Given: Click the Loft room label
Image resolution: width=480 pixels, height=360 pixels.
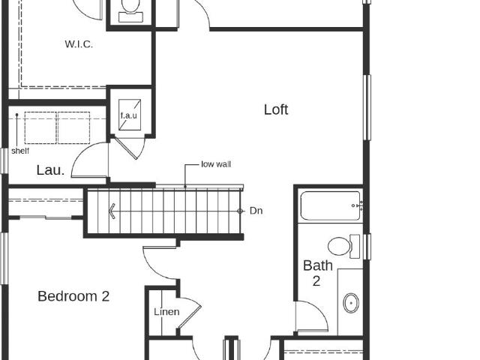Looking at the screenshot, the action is (276, 109).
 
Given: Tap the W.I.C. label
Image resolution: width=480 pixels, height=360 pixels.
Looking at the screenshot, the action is (79, 44).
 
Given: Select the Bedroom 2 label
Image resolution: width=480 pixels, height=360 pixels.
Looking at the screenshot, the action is (73, 296).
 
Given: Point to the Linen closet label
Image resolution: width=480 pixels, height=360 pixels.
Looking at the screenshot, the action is (166, 312).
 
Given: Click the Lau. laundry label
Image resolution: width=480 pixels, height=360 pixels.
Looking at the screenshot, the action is (50, 170).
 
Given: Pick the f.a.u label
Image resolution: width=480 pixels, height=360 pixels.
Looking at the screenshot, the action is (128, 115).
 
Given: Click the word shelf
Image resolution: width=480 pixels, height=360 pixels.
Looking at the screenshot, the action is (20, 151).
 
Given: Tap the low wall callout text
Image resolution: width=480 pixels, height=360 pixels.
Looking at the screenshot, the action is (216, 164).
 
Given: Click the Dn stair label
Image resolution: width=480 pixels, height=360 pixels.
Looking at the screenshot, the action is (256, 211).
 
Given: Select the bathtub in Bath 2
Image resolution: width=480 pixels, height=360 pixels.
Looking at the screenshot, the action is (330, 205).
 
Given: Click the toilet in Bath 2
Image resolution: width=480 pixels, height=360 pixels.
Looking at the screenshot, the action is (343, 246).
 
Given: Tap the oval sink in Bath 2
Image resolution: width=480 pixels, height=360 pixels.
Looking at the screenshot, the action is (351, 303).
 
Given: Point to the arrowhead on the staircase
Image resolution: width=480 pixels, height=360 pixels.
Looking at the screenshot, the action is (112, 211).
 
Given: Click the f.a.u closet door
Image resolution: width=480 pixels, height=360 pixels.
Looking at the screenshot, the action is (128, 148).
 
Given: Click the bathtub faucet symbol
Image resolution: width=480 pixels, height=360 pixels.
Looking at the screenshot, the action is (358, 205).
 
